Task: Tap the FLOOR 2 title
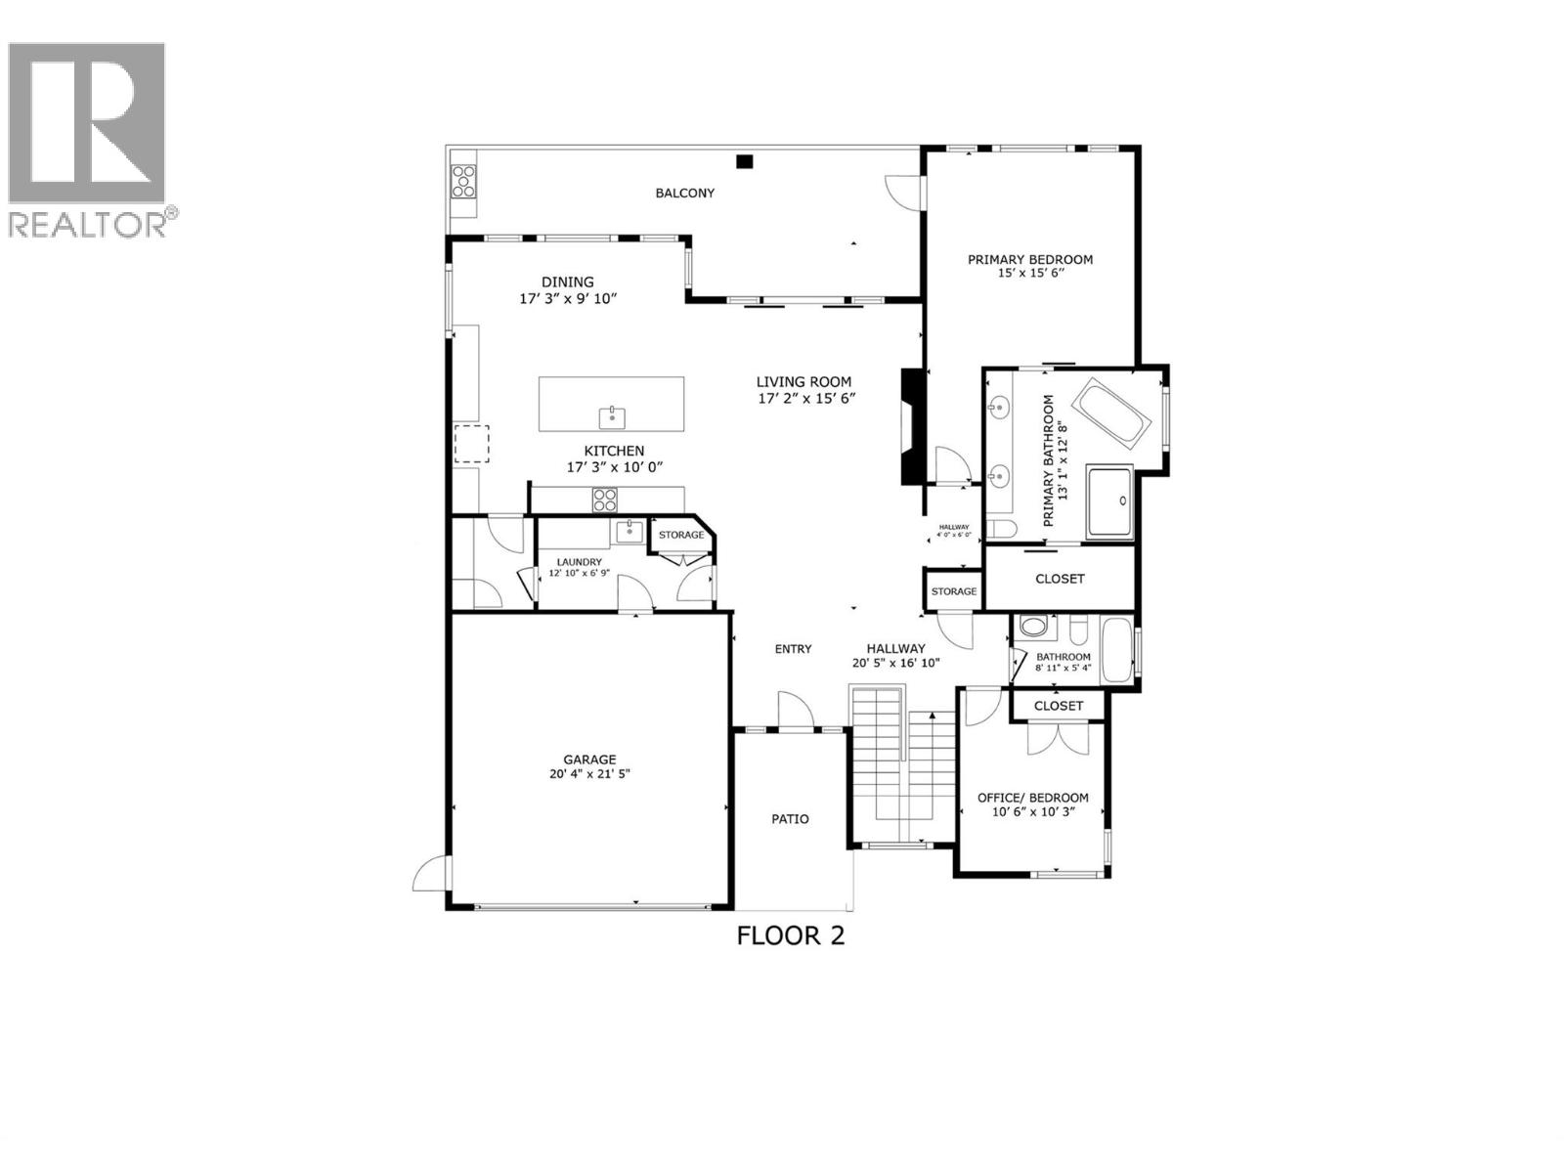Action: click(x=790, y=935)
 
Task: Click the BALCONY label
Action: click(x=684, y=194)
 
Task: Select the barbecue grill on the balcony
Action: click(x=463, y=182)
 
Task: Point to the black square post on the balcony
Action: click(x=745, y=162)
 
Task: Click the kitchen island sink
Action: click(x=612, y=415)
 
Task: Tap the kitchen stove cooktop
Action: click(x=605, y=500)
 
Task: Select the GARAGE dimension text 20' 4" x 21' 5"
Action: click(x=589, y=774)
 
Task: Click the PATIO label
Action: click(x=790, y=819)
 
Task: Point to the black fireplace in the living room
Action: click(x=911, y=425)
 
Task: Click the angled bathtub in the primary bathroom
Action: click(x=1113, y=413)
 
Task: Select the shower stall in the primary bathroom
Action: click(x=1109, y=502)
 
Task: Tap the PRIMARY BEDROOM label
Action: click(x=1030, y=259)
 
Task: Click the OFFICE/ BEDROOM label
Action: click(x=1032, y=798)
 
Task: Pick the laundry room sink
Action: click(x=629, y=531)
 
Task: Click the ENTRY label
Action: click(x=793, y=649)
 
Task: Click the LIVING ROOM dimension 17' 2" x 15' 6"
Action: click(x=806, y=398)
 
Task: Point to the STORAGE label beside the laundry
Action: click(x=680, y=535)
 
